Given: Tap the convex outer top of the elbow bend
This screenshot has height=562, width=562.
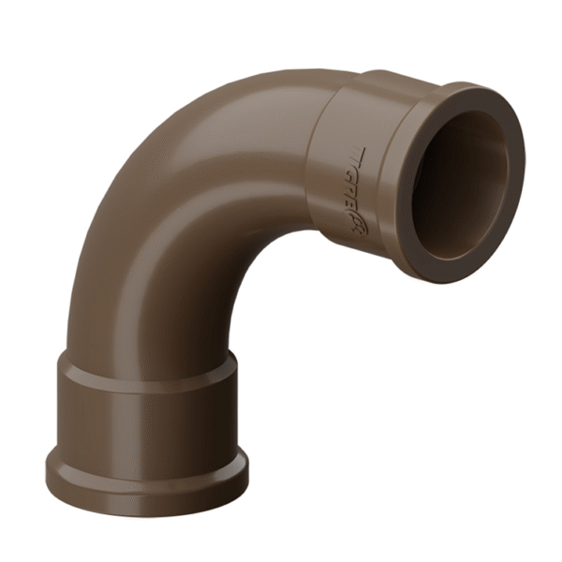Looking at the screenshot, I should [x=215, y=103].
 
